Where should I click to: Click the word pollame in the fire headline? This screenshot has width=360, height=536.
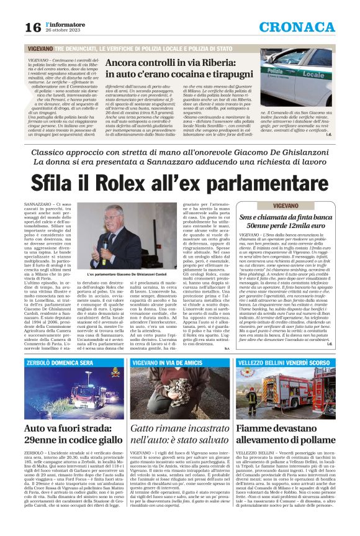323,440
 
